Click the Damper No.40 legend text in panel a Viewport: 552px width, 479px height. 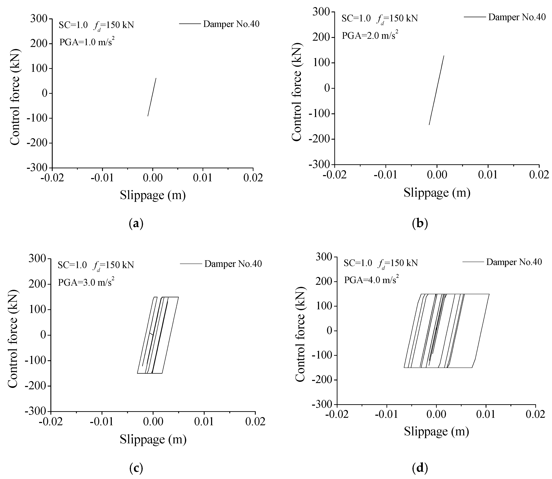point(231,24)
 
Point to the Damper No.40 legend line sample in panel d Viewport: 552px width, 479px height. point(473,262)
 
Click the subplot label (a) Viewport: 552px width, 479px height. point(136,223)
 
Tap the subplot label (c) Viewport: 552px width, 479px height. point(136,468)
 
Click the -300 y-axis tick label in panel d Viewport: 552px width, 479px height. point(323,404)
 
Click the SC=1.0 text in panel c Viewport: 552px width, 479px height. point(72,265)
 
